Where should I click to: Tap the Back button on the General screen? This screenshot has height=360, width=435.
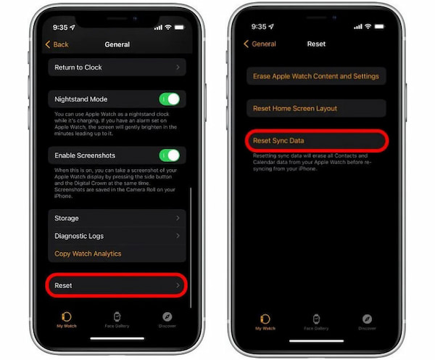point(57,44)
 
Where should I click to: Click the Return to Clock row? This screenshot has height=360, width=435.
point(117,67)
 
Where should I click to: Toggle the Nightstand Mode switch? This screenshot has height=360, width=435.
point(169,99)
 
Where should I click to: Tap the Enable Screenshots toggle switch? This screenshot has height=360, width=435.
point(169,155)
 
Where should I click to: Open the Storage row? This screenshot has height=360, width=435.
point(117,218)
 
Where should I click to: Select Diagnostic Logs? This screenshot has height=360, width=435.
point(117,236)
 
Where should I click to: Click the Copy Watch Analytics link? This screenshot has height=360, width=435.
point(88,253)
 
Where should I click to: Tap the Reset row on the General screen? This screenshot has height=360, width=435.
point(117,286)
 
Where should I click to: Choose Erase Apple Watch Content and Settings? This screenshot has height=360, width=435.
point(315,76)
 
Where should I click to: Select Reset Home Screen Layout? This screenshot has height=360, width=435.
point(315,108)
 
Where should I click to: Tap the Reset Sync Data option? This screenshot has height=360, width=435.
point(315,139)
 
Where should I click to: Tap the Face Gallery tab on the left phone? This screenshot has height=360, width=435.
point(117,320)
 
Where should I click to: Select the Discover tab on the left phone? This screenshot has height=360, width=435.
point(167,320)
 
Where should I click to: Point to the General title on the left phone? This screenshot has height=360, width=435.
point(117,44)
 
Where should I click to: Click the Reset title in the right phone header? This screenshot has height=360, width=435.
point(316,44)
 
